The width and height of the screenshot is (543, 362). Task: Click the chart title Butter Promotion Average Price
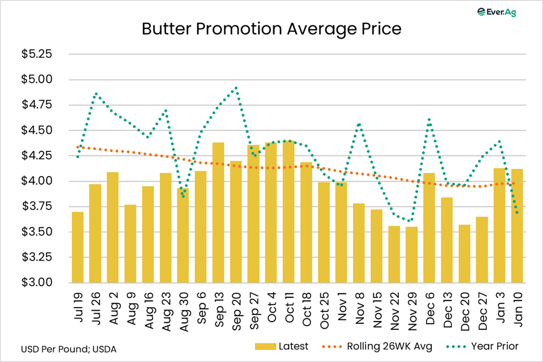tap(271, 29)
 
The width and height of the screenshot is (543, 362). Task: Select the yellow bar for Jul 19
tap(78, 247)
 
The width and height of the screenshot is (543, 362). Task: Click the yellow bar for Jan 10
tap(517, 226)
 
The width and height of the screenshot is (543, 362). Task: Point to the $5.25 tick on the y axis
tap(37, 54)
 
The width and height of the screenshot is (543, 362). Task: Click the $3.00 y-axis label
tap(37, 282)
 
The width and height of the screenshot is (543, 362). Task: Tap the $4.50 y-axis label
tap(37, 130)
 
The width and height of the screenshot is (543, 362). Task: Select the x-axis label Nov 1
tap(341, 304)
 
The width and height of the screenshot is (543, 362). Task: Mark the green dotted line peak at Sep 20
tap(236, 87)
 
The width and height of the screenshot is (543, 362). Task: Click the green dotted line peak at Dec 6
tap(429, 119)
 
